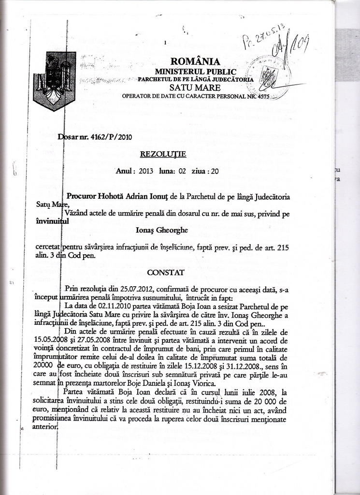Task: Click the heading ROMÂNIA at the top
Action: click(195, 61)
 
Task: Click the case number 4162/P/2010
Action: click(111, 137)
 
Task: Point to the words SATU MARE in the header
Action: click(195, 87)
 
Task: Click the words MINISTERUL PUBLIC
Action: click(195, 72)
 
